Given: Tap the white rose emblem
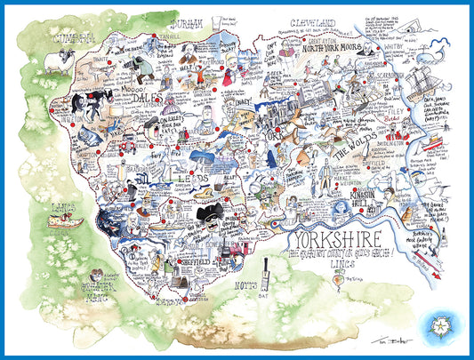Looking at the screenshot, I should (x=448, y=324).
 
